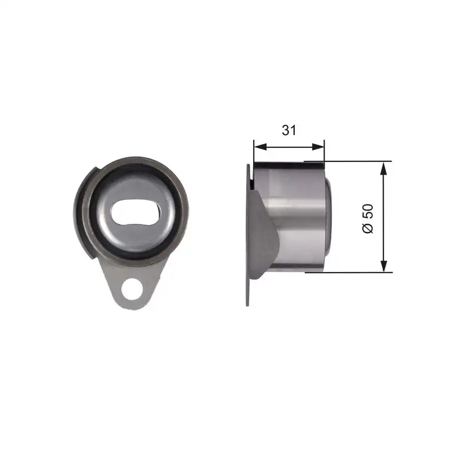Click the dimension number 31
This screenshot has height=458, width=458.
[x=289, y=130]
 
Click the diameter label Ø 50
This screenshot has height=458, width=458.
[x=368, y=218]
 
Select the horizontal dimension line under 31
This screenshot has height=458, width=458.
[x=289, y=147]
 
